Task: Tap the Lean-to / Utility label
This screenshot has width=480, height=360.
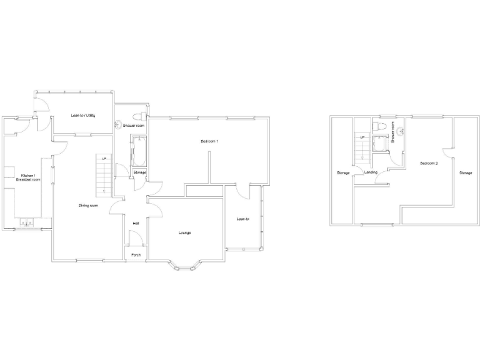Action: (82, 116)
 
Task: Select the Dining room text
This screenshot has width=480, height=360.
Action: (88, 206)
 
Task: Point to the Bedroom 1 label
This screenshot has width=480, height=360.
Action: (209, 142)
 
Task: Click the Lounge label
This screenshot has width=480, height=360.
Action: (184, 233)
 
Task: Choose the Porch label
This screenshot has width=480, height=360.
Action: (136, 255)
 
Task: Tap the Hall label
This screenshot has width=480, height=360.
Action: (136, 223)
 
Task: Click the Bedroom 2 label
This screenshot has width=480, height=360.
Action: (429, 163)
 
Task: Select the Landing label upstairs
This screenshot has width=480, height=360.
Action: (371, 172)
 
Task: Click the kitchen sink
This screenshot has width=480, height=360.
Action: (27, 221)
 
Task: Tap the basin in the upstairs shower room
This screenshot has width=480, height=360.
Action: (401, 131)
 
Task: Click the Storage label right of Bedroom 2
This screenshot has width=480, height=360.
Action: (466, 172)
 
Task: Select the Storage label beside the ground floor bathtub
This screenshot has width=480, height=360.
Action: (139, 172)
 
